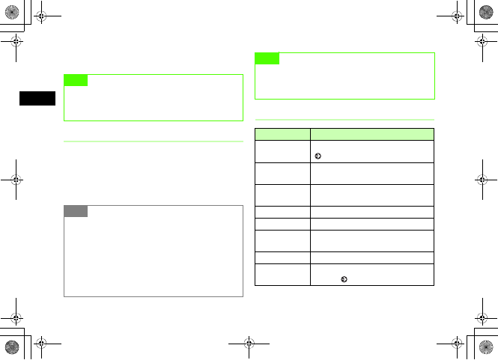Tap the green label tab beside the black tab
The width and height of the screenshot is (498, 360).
pyautogui.click(x=76, y=80)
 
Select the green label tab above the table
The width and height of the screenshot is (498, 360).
pyautogui.click(x=267, y=58)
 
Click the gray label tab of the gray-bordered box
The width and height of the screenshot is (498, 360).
pyautogui.click(x=76, y=211)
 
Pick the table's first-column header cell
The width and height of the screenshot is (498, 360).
pyautogui.click(x=282, y=134)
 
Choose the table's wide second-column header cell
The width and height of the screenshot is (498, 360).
pyautogui.click(x=372, y=134)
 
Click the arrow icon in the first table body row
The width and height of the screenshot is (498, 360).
pyautogui.click(x=318, y=156)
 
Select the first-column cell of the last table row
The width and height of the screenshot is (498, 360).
pyautogui.click(x=282, y=274)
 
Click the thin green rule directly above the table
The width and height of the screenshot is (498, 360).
pyautogui.click(x=344, y=120)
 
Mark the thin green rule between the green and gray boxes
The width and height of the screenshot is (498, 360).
pyautogui.click(x=154, y=141)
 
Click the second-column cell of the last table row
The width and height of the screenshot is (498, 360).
pyautogui.click(x=372, y=274)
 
